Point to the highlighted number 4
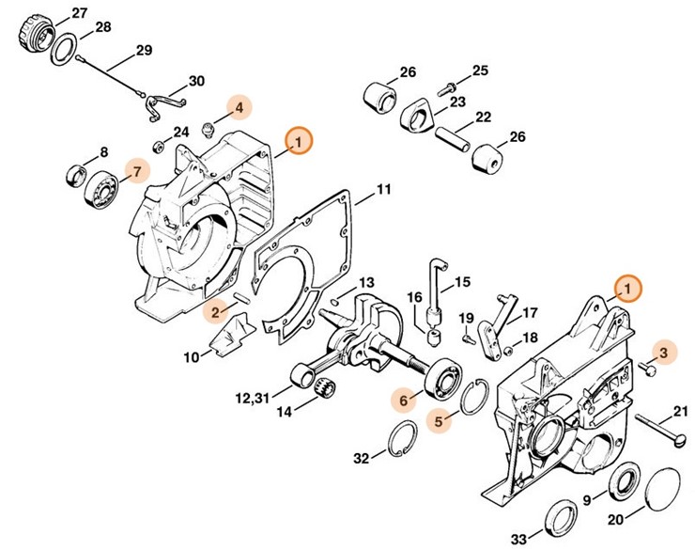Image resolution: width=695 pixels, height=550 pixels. (x=239, y=108)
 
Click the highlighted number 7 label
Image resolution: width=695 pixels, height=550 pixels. (x=138, y=171)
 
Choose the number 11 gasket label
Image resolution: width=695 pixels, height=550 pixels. (x=383, y=190)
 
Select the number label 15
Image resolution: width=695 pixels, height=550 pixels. (x=462, y=282)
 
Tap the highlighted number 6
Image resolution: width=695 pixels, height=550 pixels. (x=405, y=400)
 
